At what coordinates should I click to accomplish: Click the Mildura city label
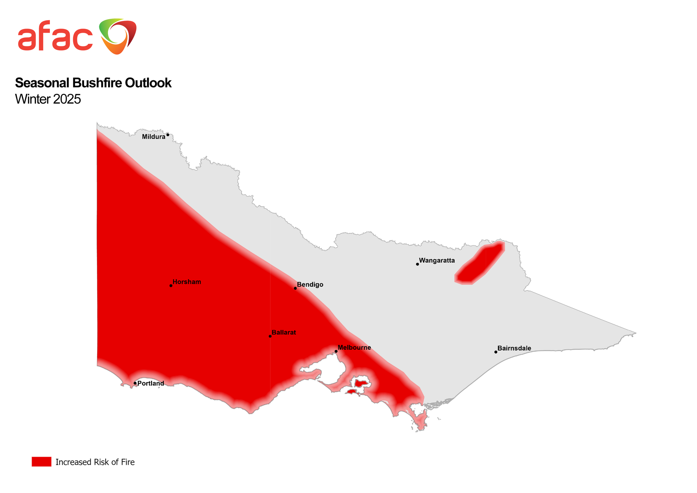click(x=153, y=137)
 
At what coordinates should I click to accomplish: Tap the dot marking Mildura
click(x=168, y=135)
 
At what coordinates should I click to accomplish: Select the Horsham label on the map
click(x=187, y=282)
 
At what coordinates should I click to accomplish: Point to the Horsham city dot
click(x=171, y=286)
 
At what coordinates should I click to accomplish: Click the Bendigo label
click(x=310, y=285)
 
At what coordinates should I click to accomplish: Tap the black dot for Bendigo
click(x=295, y=288)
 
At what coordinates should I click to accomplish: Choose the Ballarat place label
click(x=284, y=333)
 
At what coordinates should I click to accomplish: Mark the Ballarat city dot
click(x=270, y=336)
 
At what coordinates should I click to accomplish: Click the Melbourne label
click(x=354, y=348)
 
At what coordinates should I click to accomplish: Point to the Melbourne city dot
click(x=336, y=351)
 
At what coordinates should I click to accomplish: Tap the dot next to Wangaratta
click(x=418, y=264)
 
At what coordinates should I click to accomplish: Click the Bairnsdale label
click(x=514, y=348)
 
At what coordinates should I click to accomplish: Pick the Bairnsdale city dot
click(x=496, y=352)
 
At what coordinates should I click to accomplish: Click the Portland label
click(x=151, y=384)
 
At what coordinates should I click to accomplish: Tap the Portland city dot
click(x=135, y=383)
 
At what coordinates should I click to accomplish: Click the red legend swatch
click(x=41, y=462)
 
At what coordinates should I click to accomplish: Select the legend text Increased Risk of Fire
click(x=95, y=462)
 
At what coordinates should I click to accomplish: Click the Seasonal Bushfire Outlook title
click(x=93, y=83)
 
